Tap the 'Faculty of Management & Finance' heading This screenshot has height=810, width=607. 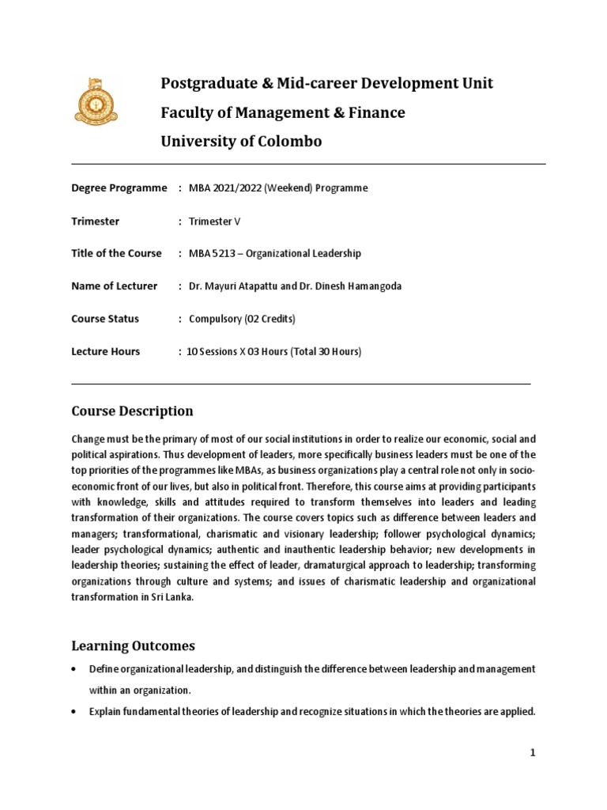(x=283, y=113)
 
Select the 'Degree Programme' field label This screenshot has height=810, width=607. (x=119, y=188)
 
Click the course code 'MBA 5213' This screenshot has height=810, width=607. (x=211, y=254)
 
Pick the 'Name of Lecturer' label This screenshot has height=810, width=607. (x=115, y=286)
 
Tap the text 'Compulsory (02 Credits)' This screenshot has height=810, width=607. (x=242, y=319)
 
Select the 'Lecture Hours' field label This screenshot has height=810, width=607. (x=106, y=351)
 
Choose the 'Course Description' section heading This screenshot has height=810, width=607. (x=132, y=411)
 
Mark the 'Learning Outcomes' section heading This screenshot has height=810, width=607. (x=133, y=646)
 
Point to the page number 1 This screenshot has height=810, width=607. (x=533, y=753)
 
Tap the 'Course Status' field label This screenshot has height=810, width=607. (x=105, y=319)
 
